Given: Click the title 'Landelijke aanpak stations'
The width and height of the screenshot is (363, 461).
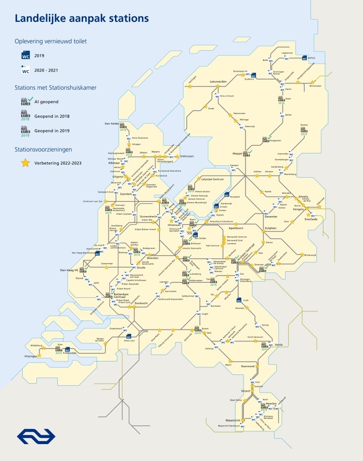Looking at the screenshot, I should tap(82, 19).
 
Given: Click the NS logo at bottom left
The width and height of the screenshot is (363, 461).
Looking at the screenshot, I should tap(36, 436).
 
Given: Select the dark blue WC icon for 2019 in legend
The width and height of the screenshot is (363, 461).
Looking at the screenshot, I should tap(25, 56).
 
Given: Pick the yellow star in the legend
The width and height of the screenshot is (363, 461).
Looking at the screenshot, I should tap(26, 163).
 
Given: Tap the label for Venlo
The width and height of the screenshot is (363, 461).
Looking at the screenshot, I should tap(279, 345).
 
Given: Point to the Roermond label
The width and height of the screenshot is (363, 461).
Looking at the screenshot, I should tap(247, 366).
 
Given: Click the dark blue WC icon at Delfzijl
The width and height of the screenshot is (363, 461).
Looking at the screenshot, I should tap(304, 58).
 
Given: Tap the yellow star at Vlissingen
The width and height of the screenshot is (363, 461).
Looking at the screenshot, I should tap(39, 356).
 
